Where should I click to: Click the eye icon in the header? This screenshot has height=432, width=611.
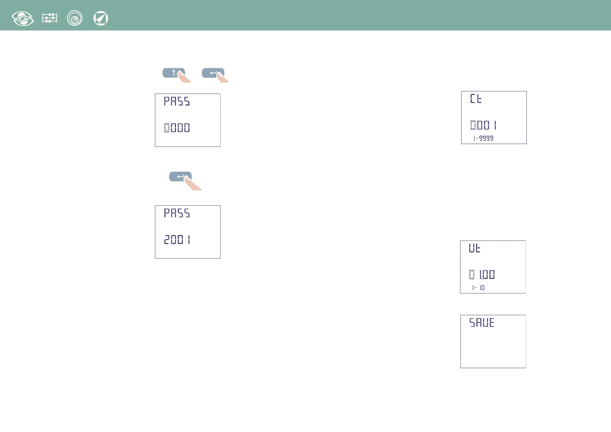point(22,18)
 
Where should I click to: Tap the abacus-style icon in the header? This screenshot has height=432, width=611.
point(50,18)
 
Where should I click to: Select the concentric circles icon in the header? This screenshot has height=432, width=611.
point(75,18)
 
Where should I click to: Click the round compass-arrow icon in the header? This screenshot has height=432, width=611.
point(101,18)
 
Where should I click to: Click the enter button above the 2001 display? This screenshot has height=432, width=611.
point(180,177)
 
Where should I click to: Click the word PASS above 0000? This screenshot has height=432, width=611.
point(177,101)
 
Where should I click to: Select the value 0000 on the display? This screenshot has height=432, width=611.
point(177,128)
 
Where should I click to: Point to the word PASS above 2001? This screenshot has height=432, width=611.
point(177,213)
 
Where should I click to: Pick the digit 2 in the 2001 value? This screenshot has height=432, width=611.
point(167,240)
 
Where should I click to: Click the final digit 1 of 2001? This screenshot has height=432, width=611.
point(189,240)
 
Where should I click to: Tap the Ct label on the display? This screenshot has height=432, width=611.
point(476,99)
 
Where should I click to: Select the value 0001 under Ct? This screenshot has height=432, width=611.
point(483,125)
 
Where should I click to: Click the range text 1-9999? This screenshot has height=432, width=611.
point(483,138)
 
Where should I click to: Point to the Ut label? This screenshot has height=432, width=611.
point(475,248)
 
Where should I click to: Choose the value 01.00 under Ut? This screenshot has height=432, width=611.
point(482,275)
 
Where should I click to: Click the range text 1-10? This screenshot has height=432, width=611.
point(478,288)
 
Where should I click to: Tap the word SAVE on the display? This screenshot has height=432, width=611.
point(482,322)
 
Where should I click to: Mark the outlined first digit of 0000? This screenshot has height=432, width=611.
point(167,128)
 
